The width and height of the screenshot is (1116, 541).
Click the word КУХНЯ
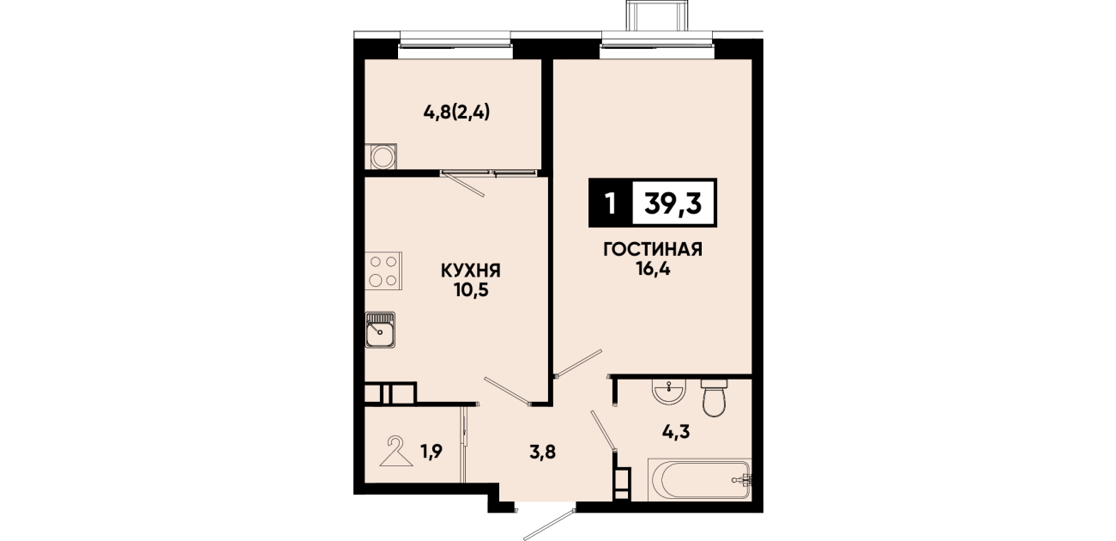click(470, 271)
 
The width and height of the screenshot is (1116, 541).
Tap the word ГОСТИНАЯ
click(653, 249)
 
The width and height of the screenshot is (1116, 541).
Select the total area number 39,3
click(673, 204)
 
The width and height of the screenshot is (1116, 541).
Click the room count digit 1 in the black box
click(610, 204)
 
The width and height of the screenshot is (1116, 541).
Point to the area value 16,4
click(653, 270)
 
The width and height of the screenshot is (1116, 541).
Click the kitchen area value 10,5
click(471, 290)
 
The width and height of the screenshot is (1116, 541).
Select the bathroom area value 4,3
click(676, 432)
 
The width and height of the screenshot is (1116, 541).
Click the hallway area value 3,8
click(542, 453)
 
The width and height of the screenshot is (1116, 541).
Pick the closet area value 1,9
click(431, 452)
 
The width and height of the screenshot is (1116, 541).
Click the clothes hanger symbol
click(396, 452)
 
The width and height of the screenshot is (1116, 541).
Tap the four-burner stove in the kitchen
click(383, 270)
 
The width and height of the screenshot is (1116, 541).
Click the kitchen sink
click(380, 330)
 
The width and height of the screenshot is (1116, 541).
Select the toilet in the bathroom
click(715, 398)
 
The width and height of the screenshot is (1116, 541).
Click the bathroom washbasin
click(670, 391)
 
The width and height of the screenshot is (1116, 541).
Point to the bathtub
click(699, 480)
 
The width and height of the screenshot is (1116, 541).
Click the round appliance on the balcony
click(381, 156)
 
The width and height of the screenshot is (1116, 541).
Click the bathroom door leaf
click(603, 431)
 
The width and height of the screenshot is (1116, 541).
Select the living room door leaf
click(579, 362)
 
